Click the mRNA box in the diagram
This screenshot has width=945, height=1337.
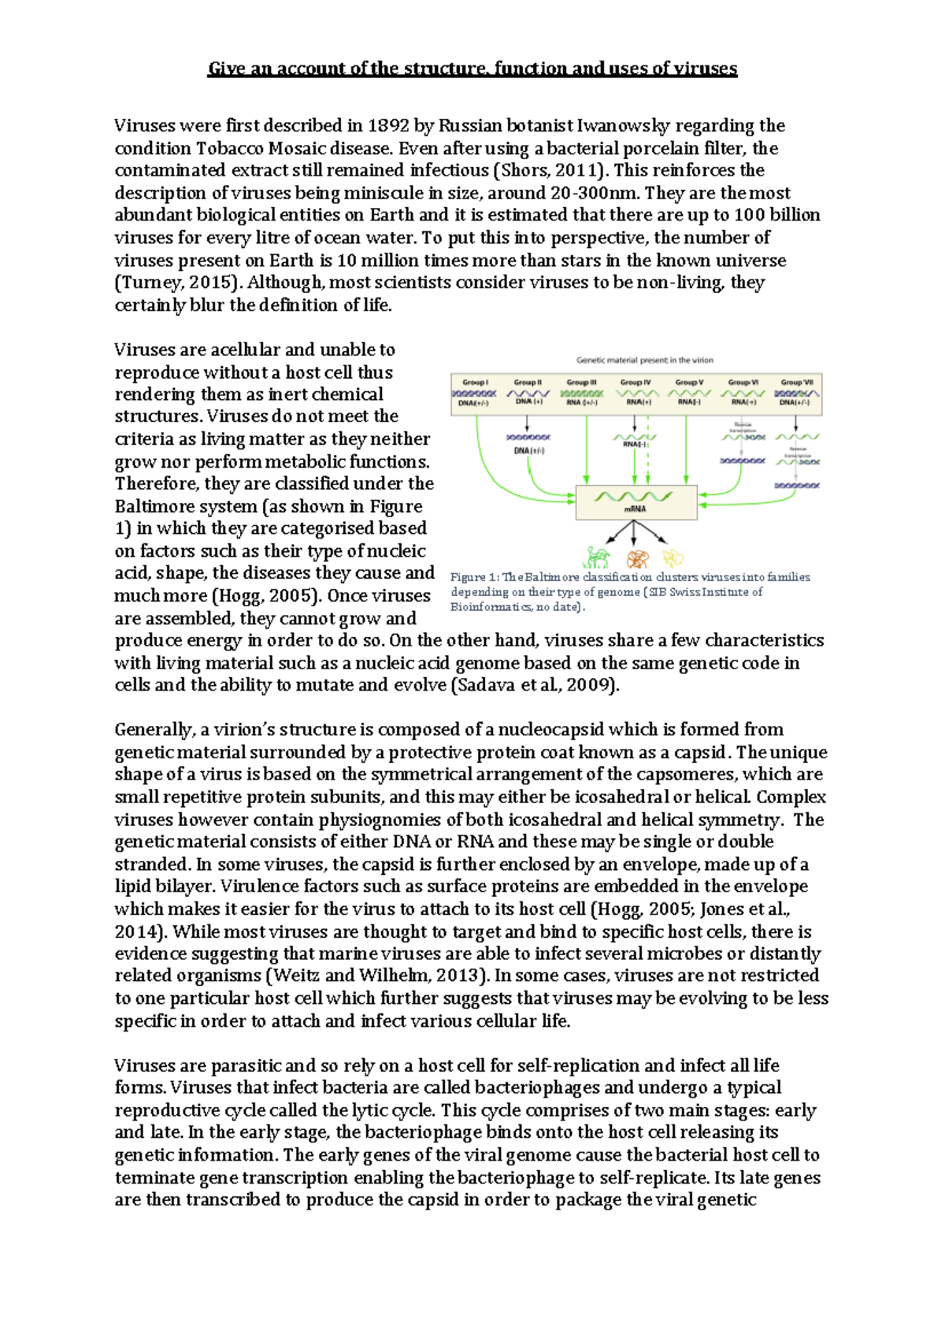[636, 502]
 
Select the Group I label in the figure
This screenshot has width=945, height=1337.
[475, 383]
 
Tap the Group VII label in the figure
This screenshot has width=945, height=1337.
[796, 383]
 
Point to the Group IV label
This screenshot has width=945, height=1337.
[635, 383]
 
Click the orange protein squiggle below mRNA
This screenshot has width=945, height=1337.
[637, 559]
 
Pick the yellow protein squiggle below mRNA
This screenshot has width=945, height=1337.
[673, 558]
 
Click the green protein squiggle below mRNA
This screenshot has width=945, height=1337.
[597, 557]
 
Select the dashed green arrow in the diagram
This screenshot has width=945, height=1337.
[648, 461]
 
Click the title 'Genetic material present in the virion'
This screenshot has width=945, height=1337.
[644, 360]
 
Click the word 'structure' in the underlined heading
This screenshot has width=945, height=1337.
[447, 69]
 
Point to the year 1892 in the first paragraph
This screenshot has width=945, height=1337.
[388, 125]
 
